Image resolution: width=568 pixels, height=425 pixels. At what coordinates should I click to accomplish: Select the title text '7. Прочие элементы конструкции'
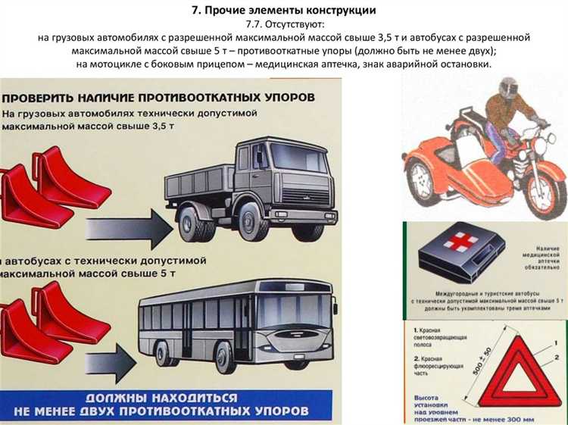285,11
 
